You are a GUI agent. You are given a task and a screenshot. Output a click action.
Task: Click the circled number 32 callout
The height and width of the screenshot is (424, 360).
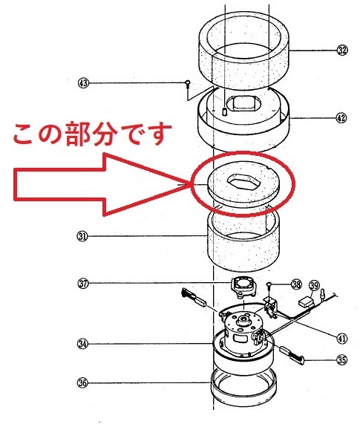(342, 50)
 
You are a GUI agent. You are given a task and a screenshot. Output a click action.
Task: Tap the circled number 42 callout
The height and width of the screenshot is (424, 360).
(341, 118)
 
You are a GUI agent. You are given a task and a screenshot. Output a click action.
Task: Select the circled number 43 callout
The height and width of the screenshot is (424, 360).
(83, 82)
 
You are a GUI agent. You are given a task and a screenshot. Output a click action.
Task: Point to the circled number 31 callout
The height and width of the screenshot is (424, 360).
(82, 236)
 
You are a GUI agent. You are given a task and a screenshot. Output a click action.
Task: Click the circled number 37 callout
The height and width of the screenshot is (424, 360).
(82, 284)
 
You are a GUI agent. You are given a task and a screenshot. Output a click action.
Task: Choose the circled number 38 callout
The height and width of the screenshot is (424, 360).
(297, 284)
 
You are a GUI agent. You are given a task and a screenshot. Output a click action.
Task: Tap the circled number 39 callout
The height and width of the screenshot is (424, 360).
(314, 285)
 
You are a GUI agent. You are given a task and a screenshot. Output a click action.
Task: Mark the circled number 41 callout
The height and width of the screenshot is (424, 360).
(342, 338)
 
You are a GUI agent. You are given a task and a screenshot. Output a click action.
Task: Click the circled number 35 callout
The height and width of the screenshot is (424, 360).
(342, 360)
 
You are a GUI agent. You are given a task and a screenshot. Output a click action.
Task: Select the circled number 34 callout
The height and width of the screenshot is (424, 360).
(82, 344)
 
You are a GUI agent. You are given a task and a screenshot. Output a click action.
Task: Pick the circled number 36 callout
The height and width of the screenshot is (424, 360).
(82, 383)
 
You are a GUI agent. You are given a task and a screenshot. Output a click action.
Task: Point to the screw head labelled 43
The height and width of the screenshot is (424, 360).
(187, 82)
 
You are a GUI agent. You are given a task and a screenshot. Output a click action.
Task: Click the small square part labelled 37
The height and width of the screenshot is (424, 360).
(243, 287)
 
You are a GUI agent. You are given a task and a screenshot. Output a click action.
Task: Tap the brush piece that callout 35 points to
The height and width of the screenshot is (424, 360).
(292, 354)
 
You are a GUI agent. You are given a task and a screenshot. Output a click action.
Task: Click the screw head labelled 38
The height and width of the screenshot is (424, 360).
(269, 284)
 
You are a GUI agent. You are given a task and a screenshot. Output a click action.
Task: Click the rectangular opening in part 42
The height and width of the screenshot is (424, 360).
(244, 104)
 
